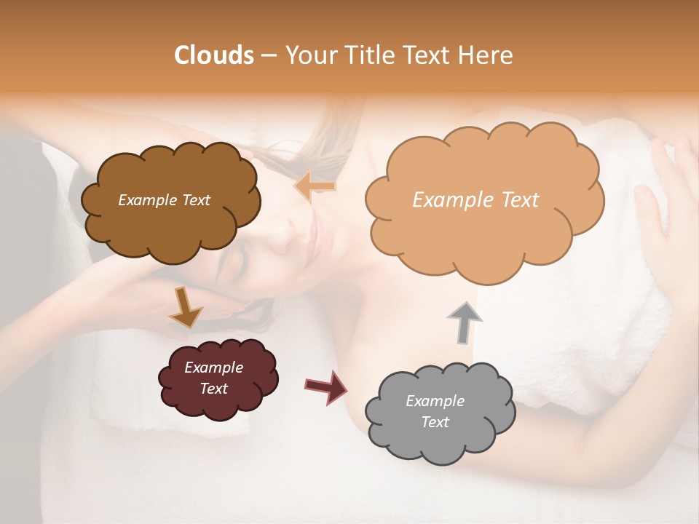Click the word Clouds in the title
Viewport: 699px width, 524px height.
coord(214,55)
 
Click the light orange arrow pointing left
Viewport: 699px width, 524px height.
coord(315,187)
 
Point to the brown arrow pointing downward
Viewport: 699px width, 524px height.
coord(186,307)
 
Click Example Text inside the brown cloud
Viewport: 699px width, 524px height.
coord(164,200)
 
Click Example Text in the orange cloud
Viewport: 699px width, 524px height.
coord(475,200)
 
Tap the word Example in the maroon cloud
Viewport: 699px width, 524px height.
coord(213,368)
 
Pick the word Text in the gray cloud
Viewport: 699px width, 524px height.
coord(435,422)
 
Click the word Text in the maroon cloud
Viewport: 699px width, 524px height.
coord(213,389)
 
